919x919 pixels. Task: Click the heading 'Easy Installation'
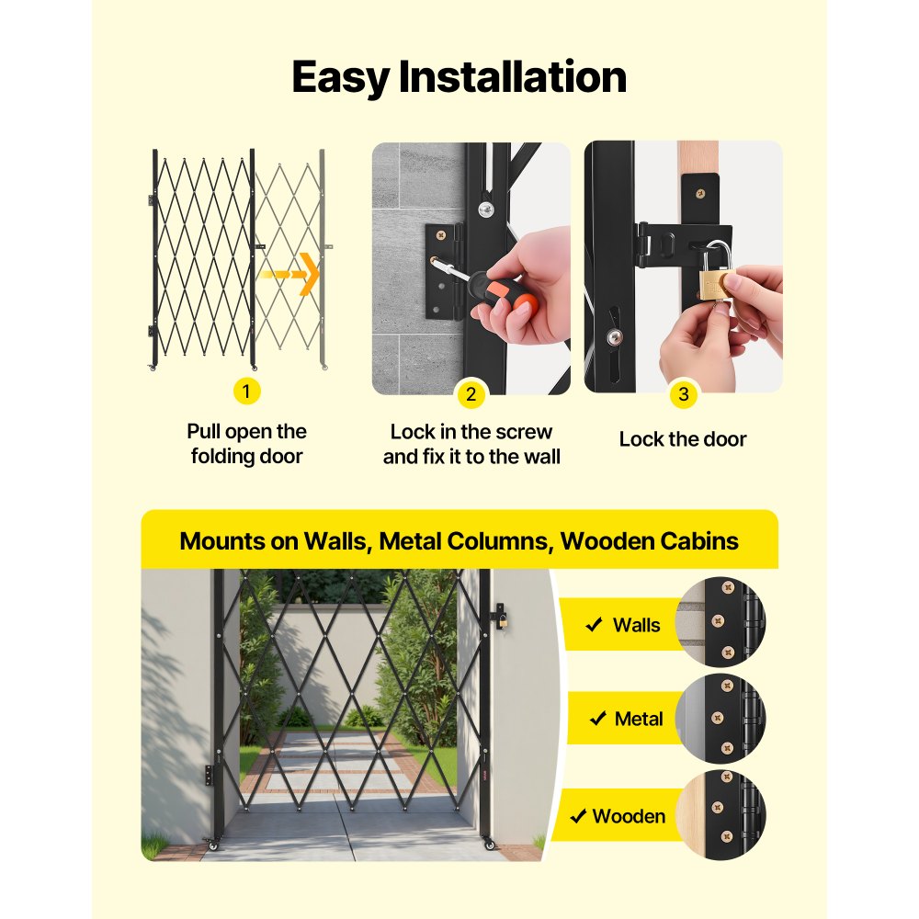tap(459, 77)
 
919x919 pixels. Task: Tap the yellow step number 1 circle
tap(245, 391)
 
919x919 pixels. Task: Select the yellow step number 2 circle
tap(471, 395)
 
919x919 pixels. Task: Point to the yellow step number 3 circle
tap(683, 395)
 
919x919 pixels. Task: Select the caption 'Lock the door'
tap(683, 439)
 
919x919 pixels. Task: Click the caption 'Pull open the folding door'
tap(246, 444)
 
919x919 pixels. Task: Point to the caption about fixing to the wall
tap(471, 444)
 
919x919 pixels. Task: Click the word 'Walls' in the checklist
tap(636, 626)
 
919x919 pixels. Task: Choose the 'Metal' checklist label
tap(639, 719)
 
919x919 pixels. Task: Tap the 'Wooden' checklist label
tap(629, 816)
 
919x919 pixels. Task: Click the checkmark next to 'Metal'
tap(597, 719)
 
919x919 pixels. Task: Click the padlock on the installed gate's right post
tap(501, 622)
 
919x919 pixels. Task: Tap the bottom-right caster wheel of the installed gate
tap(489, 845)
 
